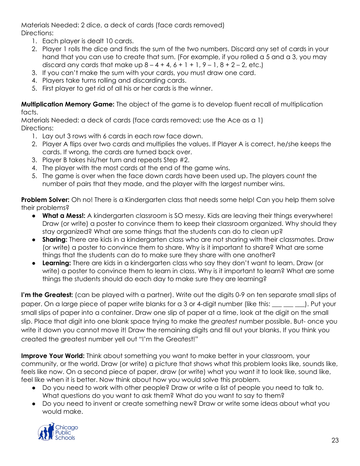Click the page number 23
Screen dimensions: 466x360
335,440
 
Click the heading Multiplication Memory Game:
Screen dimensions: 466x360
67,104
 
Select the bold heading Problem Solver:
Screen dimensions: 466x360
45,200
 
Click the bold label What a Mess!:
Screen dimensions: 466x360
64,216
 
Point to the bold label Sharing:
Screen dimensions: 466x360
55,239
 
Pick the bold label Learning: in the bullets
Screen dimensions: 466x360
56,263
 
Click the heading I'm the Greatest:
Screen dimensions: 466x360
47,295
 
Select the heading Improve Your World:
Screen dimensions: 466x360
53,356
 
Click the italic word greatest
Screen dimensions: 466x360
223,321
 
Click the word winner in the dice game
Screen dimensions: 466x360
202,88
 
